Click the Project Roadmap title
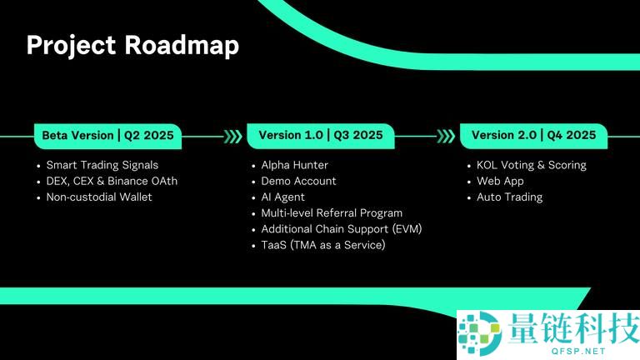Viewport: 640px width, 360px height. [132, 45]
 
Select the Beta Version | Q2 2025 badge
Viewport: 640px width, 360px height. [107, 135]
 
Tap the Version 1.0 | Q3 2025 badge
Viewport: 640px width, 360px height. [320, 135]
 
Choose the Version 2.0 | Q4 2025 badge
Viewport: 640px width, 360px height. [533, 135]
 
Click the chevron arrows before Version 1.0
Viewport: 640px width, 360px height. [233, 135]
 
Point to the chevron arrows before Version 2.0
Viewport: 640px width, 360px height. [447, 135]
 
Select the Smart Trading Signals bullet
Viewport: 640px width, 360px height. [102, 165]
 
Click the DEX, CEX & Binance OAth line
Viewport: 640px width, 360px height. [112, 181]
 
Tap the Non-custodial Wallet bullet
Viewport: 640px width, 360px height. [99, 197]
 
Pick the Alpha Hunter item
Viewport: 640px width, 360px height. [294, 165]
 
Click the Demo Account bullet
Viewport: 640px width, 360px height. [298, 181]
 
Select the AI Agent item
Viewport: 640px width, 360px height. [282, 197]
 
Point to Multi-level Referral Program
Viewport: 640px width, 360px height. [332, 213]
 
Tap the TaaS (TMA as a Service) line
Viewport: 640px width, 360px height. [323, 245]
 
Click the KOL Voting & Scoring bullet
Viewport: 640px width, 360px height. [531, 165]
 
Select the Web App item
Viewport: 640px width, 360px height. [500, 181]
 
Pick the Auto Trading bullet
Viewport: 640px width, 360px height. [509, 197]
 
